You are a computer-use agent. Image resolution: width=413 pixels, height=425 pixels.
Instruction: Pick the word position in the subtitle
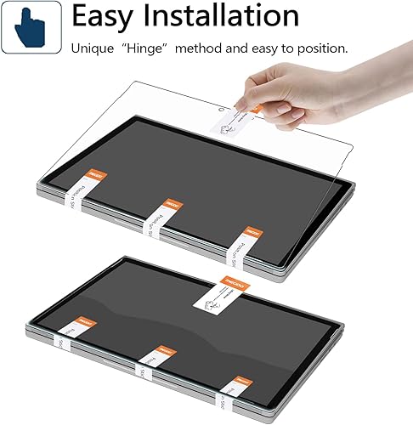click(x=322, y=48)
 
